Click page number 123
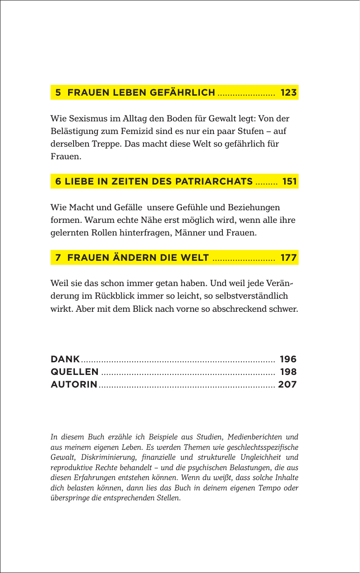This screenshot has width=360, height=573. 288,93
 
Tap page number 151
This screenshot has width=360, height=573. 289,182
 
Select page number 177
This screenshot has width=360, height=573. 288,258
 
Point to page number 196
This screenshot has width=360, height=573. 288,360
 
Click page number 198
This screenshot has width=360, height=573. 288,372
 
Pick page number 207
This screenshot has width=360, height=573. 287,385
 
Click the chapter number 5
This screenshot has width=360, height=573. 58,93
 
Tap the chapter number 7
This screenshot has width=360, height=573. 58,258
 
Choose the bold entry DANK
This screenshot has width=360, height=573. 65,360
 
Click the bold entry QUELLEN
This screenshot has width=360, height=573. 74,372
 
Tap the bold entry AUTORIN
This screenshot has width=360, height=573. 74,385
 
